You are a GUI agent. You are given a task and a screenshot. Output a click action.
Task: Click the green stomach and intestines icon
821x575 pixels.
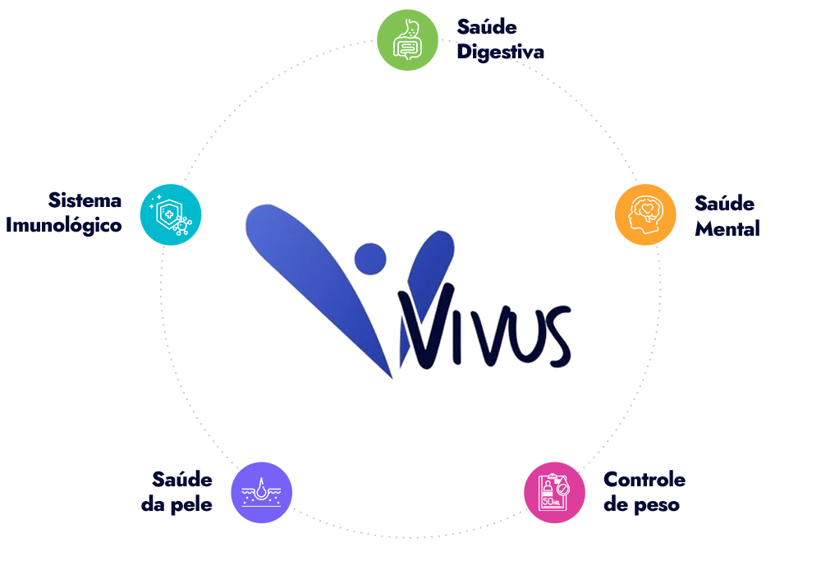point(407,40)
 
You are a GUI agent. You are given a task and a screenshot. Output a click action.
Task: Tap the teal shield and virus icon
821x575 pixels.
point(170,214)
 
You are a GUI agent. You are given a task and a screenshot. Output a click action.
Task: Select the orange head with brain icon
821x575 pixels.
point(644,214)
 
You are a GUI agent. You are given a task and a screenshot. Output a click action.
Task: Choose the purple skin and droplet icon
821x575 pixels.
point(261,493)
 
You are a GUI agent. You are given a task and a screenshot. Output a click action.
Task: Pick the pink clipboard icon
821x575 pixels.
point(554,493)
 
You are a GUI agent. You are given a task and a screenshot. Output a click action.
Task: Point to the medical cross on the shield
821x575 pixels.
point(168,214)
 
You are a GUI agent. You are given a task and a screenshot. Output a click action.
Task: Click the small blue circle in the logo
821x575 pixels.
point(370,258)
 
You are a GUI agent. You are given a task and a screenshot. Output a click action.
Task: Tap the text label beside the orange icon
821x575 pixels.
point(726,215)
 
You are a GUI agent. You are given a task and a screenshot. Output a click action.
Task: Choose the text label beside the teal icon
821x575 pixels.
point(66,214)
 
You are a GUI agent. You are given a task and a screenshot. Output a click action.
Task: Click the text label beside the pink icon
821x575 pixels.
point(644,493)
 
